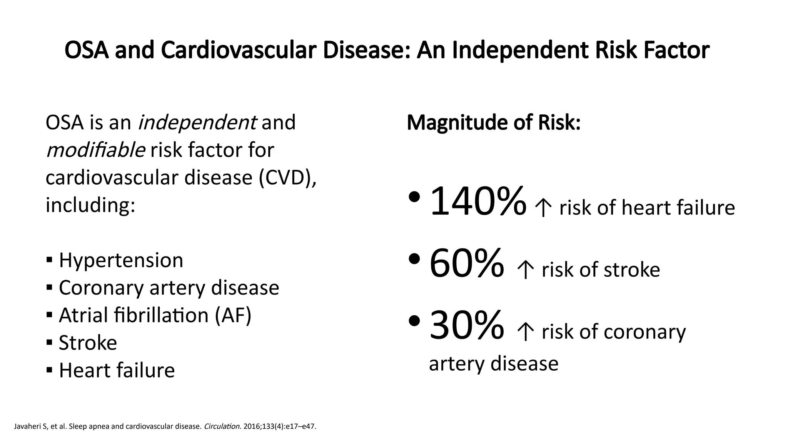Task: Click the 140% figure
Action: (477, 201)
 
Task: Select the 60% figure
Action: (466, 263)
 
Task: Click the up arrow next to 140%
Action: (543, 208)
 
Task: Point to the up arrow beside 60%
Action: (526, 270)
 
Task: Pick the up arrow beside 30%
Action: (526, 332)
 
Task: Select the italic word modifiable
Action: (95, 150)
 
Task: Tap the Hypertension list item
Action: (121, 260)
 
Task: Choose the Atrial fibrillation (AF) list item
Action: (155, 315)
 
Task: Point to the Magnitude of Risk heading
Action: (493, 123)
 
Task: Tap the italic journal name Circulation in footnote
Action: (222, 426)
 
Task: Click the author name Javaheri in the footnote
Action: (27, 426)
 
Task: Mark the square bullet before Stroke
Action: (49, 342)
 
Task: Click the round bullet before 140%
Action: (414, 197)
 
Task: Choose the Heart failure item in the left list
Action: (117, 370)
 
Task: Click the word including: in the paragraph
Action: (90, 205)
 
